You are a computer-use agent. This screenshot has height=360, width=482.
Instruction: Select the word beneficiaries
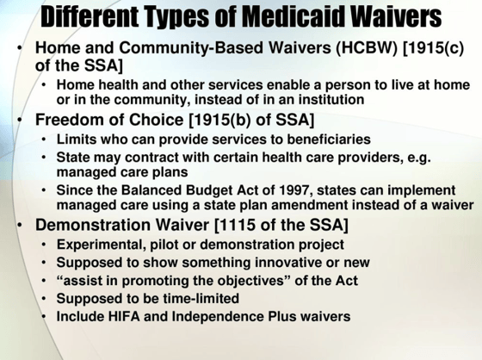[329, 139]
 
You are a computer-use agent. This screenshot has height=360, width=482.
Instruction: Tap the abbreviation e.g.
[418, 158]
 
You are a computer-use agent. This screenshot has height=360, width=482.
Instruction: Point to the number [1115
[234, 225]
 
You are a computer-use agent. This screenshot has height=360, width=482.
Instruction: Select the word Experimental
[102, 245]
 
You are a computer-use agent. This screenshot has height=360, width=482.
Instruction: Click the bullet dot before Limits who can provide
[44, 140]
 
